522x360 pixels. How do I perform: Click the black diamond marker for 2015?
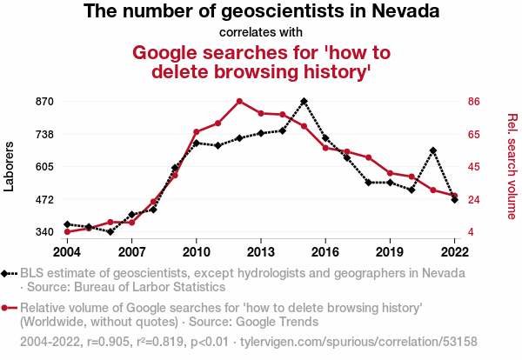[x=304, y=101]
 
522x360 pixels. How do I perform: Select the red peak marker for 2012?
[x=239, y=101]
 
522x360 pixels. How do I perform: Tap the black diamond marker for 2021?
[x=432, y=150]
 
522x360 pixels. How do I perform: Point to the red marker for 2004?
[x=67, y=231]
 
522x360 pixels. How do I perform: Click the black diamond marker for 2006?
[x=110, y=231]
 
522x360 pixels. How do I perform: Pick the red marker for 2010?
[x=197, y=132]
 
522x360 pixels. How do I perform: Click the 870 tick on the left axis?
[x=44, y=101]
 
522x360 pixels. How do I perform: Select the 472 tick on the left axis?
[x=44, y=200]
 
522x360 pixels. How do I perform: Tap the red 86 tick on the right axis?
[x=474, y=101]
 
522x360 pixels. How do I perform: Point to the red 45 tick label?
[x=474, y=166]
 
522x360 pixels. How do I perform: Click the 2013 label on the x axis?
[x=261, y=252]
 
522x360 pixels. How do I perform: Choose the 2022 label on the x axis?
[x=454, y=252]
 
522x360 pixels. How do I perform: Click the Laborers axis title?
[x=9, y=166]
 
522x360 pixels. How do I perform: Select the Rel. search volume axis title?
[x=512, y=166]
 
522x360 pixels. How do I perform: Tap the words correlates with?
[x=261, y=32]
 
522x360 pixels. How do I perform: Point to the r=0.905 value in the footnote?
[x=109, y=342]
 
